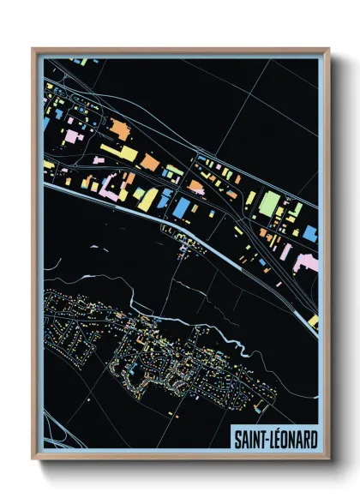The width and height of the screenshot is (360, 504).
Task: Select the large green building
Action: click(270, 203)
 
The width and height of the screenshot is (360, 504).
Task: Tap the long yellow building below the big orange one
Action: click(118, 153)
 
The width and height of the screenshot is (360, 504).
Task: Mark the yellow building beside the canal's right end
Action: click(314, 321)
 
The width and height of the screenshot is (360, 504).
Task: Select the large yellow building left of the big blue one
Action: click(147, 199)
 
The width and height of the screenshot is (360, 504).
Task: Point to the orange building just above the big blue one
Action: click(196, 184)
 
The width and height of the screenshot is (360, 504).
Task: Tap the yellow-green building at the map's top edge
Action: click(80, 61)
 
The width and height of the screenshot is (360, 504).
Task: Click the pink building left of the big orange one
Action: click(74, 135)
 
